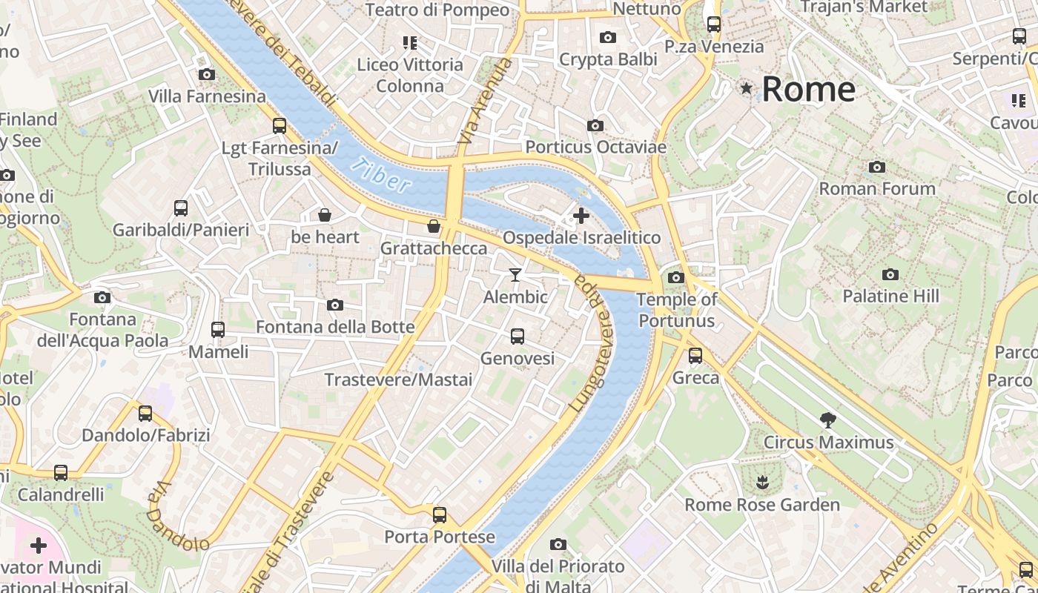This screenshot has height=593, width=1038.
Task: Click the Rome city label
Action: (808, 90)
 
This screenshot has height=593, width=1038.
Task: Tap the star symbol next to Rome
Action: (746, 89)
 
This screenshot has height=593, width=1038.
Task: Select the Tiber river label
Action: (381, 176)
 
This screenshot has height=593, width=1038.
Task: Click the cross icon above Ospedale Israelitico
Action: (581, 216)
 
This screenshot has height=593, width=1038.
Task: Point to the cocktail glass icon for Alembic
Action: (515, 275)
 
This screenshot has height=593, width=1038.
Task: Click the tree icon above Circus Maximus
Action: (828, 420)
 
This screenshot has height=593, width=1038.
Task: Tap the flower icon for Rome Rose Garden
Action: (761, 483)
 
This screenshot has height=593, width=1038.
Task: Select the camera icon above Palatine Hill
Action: (890, 274)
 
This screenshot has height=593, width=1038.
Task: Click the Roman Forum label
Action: (876, 189)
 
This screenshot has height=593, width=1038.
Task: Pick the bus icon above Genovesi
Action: (518, 337)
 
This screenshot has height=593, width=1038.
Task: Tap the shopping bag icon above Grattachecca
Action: (434, 225)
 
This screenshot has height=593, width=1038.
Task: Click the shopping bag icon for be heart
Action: (325, 215)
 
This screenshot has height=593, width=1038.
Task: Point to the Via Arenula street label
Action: (486, 102)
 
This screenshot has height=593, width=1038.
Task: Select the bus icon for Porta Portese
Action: (440, 514)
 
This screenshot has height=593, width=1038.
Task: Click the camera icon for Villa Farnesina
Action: (207, 74)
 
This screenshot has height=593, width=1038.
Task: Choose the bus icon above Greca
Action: (695, 356)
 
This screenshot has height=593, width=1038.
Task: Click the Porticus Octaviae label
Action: (595, 148)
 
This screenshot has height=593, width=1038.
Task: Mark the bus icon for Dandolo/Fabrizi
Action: (145, 414)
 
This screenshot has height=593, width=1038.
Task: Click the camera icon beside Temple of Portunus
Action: (675, 277)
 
